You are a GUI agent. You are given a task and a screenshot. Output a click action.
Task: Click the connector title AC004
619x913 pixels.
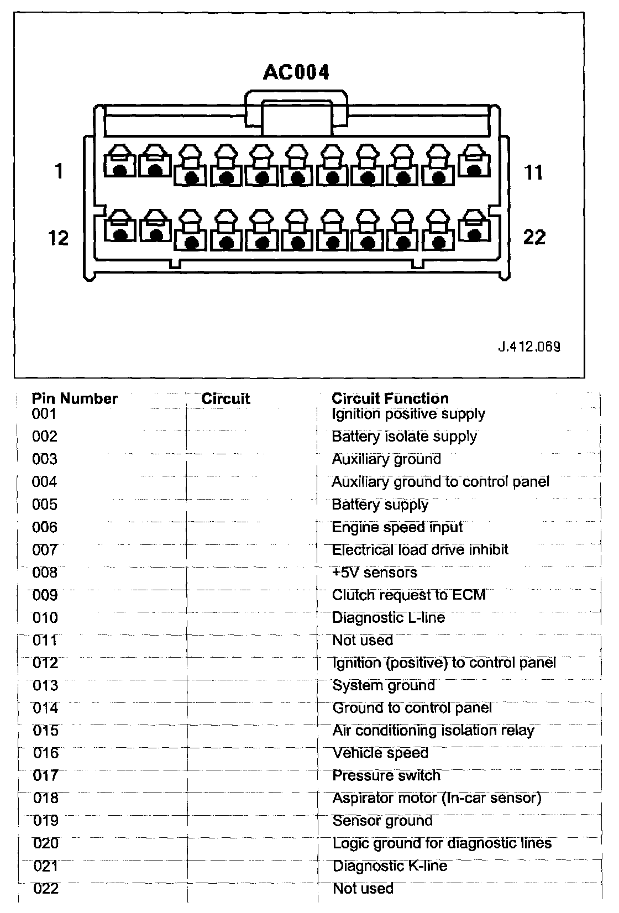click(296, 72)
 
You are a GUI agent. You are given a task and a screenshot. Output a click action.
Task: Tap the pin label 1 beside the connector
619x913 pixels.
click(59, 171)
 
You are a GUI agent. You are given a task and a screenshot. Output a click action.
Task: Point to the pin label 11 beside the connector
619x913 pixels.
click(533, 172)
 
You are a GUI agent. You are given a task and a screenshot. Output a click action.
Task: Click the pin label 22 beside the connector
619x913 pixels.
click(534, 238)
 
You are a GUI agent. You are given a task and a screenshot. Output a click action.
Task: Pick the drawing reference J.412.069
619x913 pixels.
click(529, 347)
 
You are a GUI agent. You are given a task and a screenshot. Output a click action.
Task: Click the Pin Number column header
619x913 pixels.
click(75, 398)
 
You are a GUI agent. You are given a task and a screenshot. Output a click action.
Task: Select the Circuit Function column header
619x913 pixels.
click(390, 398)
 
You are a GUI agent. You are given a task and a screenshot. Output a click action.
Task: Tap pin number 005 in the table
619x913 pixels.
click(45, 505)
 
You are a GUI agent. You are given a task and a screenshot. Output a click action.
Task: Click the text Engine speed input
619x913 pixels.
click(397, 527)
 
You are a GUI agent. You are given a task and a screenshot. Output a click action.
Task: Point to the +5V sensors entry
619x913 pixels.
click(374, 573)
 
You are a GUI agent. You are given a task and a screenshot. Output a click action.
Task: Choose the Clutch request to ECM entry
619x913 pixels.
click(408, 595)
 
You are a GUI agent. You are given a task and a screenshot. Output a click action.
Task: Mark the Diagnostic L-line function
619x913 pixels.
click(388, 618)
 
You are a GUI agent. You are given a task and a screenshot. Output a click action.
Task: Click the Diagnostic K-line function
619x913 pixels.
click(390, 866)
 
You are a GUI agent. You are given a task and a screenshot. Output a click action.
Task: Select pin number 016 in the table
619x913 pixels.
click(45, 753)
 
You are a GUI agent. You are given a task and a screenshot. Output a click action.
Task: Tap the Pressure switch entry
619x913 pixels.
click(386, 776)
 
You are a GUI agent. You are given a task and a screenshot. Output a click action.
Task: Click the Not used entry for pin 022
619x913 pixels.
click(363, 889)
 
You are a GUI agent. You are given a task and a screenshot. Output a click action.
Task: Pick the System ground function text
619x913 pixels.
click(384, 686)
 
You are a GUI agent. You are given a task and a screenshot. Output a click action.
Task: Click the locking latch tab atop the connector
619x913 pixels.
click(297, 113)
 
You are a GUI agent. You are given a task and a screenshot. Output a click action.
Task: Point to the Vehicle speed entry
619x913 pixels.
click(380, 753)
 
